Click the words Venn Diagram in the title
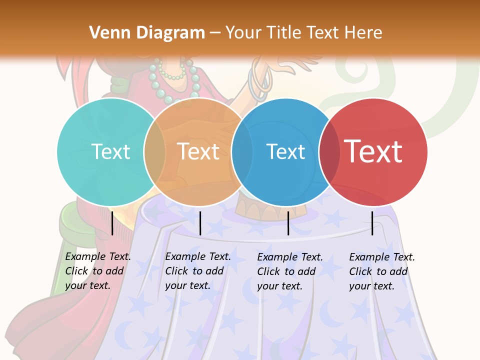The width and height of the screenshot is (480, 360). (x=147, y=33)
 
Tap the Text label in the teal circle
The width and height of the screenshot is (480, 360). (x=110, y=151)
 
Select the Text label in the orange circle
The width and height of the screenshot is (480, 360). (x=198, y=151)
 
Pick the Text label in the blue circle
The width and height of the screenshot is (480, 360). (x=285, y=151)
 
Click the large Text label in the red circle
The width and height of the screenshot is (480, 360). (x=373, y=151)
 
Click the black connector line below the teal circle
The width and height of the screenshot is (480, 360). (x=112, y=223)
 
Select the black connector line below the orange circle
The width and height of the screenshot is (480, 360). (x=200, y=223)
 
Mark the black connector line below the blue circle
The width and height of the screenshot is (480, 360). (x=288, y=223)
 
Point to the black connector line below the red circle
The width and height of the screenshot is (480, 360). (x=372, y=223)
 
